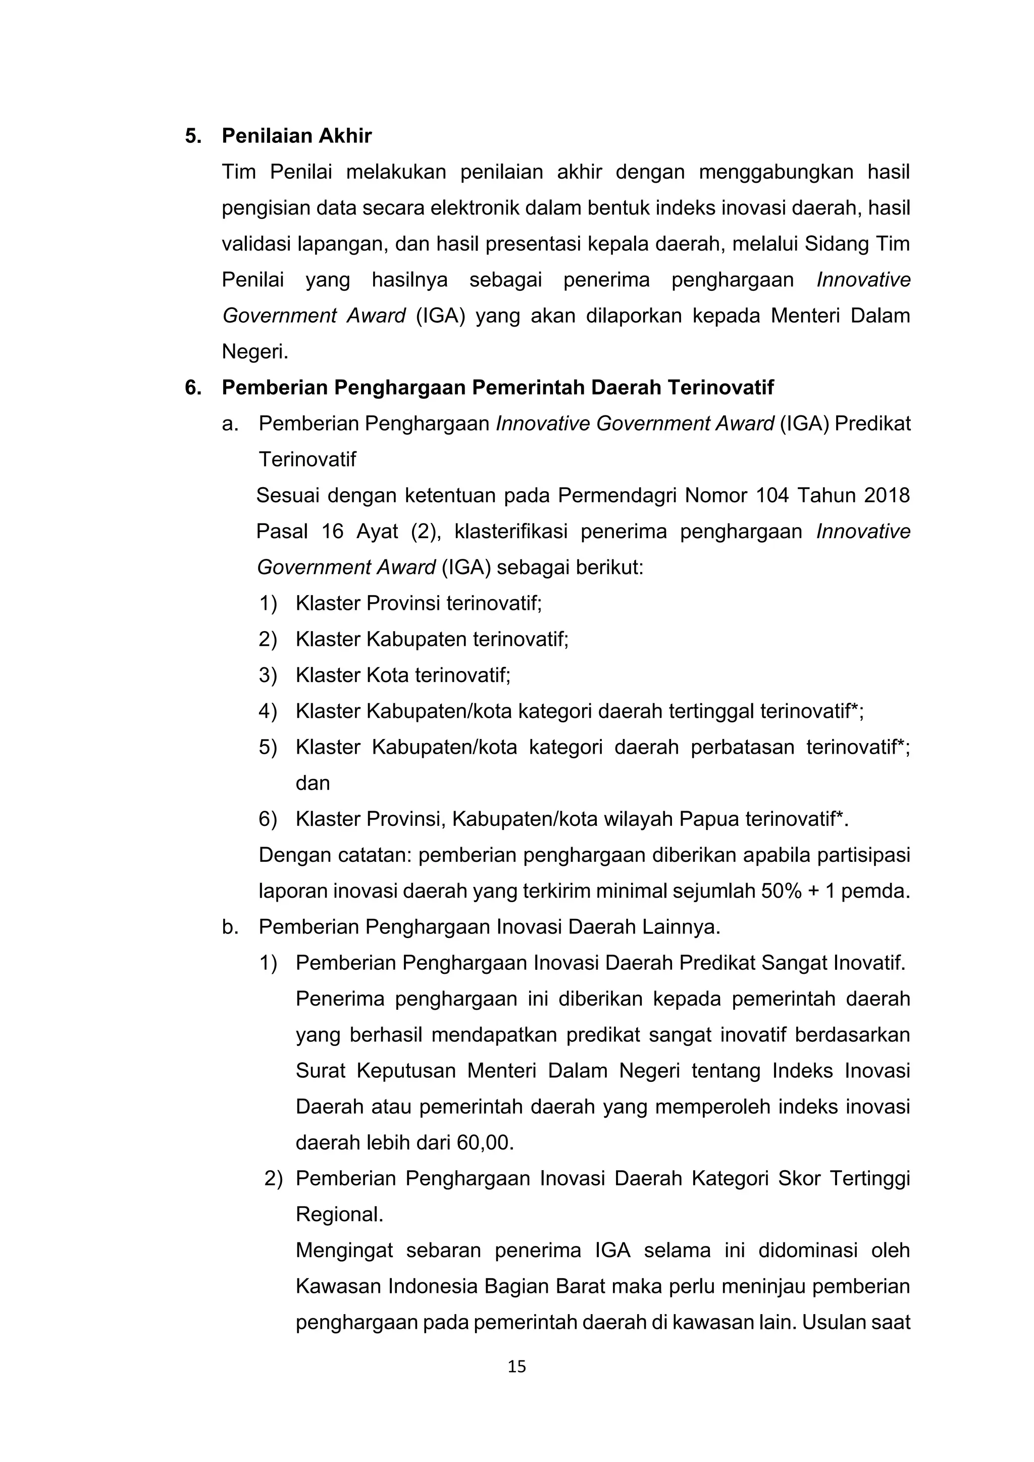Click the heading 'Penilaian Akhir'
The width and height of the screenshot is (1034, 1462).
pos(297,136)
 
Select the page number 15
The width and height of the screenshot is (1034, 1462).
pos(516,1366)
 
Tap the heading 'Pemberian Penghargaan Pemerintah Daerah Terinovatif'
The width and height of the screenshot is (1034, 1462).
pos(497,387)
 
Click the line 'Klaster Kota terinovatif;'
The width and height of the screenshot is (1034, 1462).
pos(403,675)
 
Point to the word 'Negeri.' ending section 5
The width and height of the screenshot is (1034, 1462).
pos(254,351)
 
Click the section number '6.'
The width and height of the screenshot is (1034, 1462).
pos(193,387)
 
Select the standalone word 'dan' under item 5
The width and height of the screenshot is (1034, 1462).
pos(313,782)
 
